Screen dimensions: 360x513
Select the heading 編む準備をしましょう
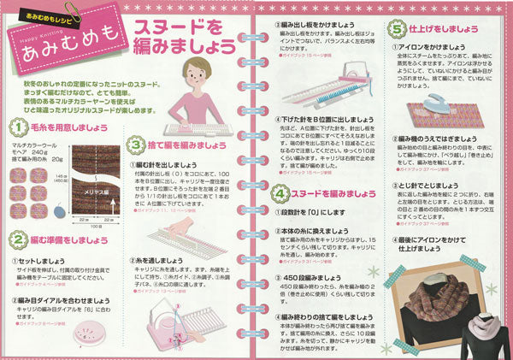click(x=71, y=239)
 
